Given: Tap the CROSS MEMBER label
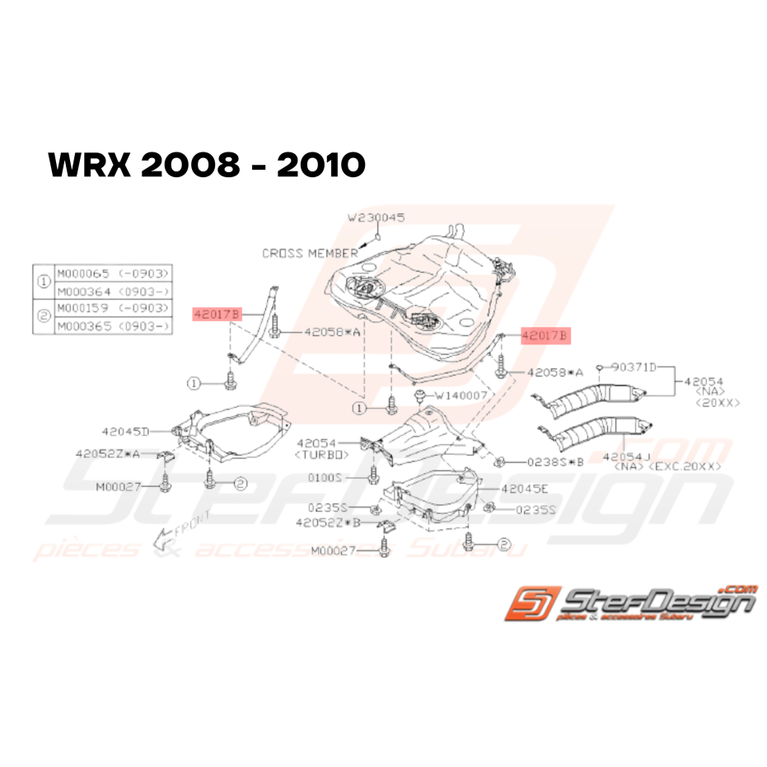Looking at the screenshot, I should pos(310,253).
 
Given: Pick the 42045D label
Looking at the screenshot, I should pos(126,431).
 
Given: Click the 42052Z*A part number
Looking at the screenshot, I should pos(107,454).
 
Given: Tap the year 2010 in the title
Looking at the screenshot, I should pos(321,166).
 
